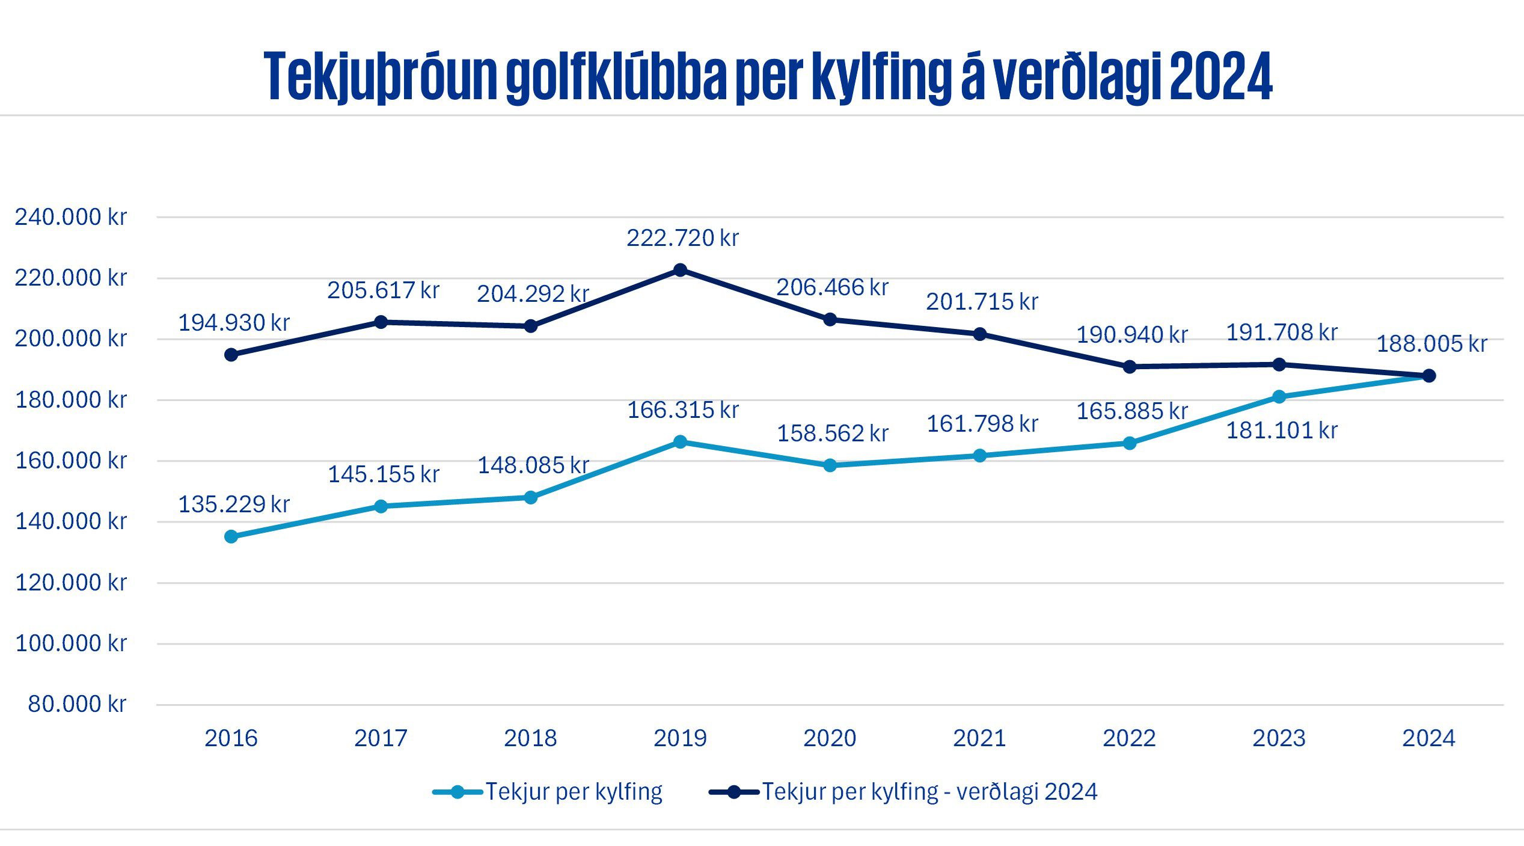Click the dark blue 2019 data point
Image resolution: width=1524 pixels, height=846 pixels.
click(680, 270)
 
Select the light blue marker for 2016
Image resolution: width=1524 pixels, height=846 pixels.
click(231, 536)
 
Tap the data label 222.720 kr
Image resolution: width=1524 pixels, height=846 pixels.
click(682, 238)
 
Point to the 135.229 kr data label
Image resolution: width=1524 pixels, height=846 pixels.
click(234, 504)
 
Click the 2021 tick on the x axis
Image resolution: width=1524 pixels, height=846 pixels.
click(979, 738)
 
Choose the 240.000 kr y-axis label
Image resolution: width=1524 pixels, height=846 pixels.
click(71, 217)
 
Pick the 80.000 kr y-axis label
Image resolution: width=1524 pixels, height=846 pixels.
click(77, 703)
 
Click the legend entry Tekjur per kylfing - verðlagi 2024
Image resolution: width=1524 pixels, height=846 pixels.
click(929, 791)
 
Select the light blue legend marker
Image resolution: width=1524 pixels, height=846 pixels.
click(458, 792)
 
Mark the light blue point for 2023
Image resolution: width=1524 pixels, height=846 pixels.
click(1279, 397)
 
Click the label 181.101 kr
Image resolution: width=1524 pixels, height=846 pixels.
click(1282, 431)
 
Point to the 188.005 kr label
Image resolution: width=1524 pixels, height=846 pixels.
click(1431, 344)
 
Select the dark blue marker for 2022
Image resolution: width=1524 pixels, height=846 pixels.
click(1130, 367)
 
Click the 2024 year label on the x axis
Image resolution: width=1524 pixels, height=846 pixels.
click(1428, 738)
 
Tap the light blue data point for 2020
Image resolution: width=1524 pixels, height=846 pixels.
click(830, 465)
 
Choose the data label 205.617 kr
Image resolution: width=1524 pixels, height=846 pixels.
click(383, 290)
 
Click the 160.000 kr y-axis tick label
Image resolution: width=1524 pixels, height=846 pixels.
click(71, 461)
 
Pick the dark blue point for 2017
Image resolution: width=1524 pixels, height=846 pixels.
click(381, 322)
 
